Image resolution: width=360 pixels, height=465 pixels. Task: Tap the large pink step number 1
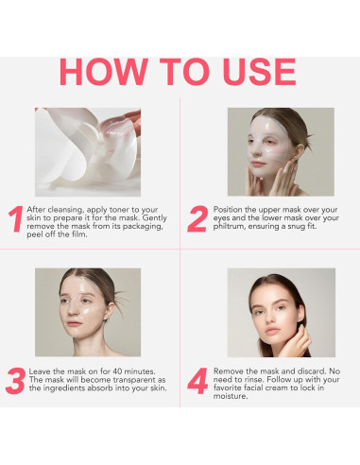(16, 218)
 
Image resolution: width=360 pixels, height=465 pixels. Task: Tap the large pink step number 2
(197, 218)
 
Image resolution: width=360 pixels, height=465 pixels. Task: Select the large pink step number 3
(16, 381)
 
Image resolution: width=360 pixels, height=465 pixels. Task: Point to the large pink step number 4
(197, 381)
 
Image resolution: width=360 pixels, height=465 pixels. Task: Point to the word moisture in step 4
(231, 397)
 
